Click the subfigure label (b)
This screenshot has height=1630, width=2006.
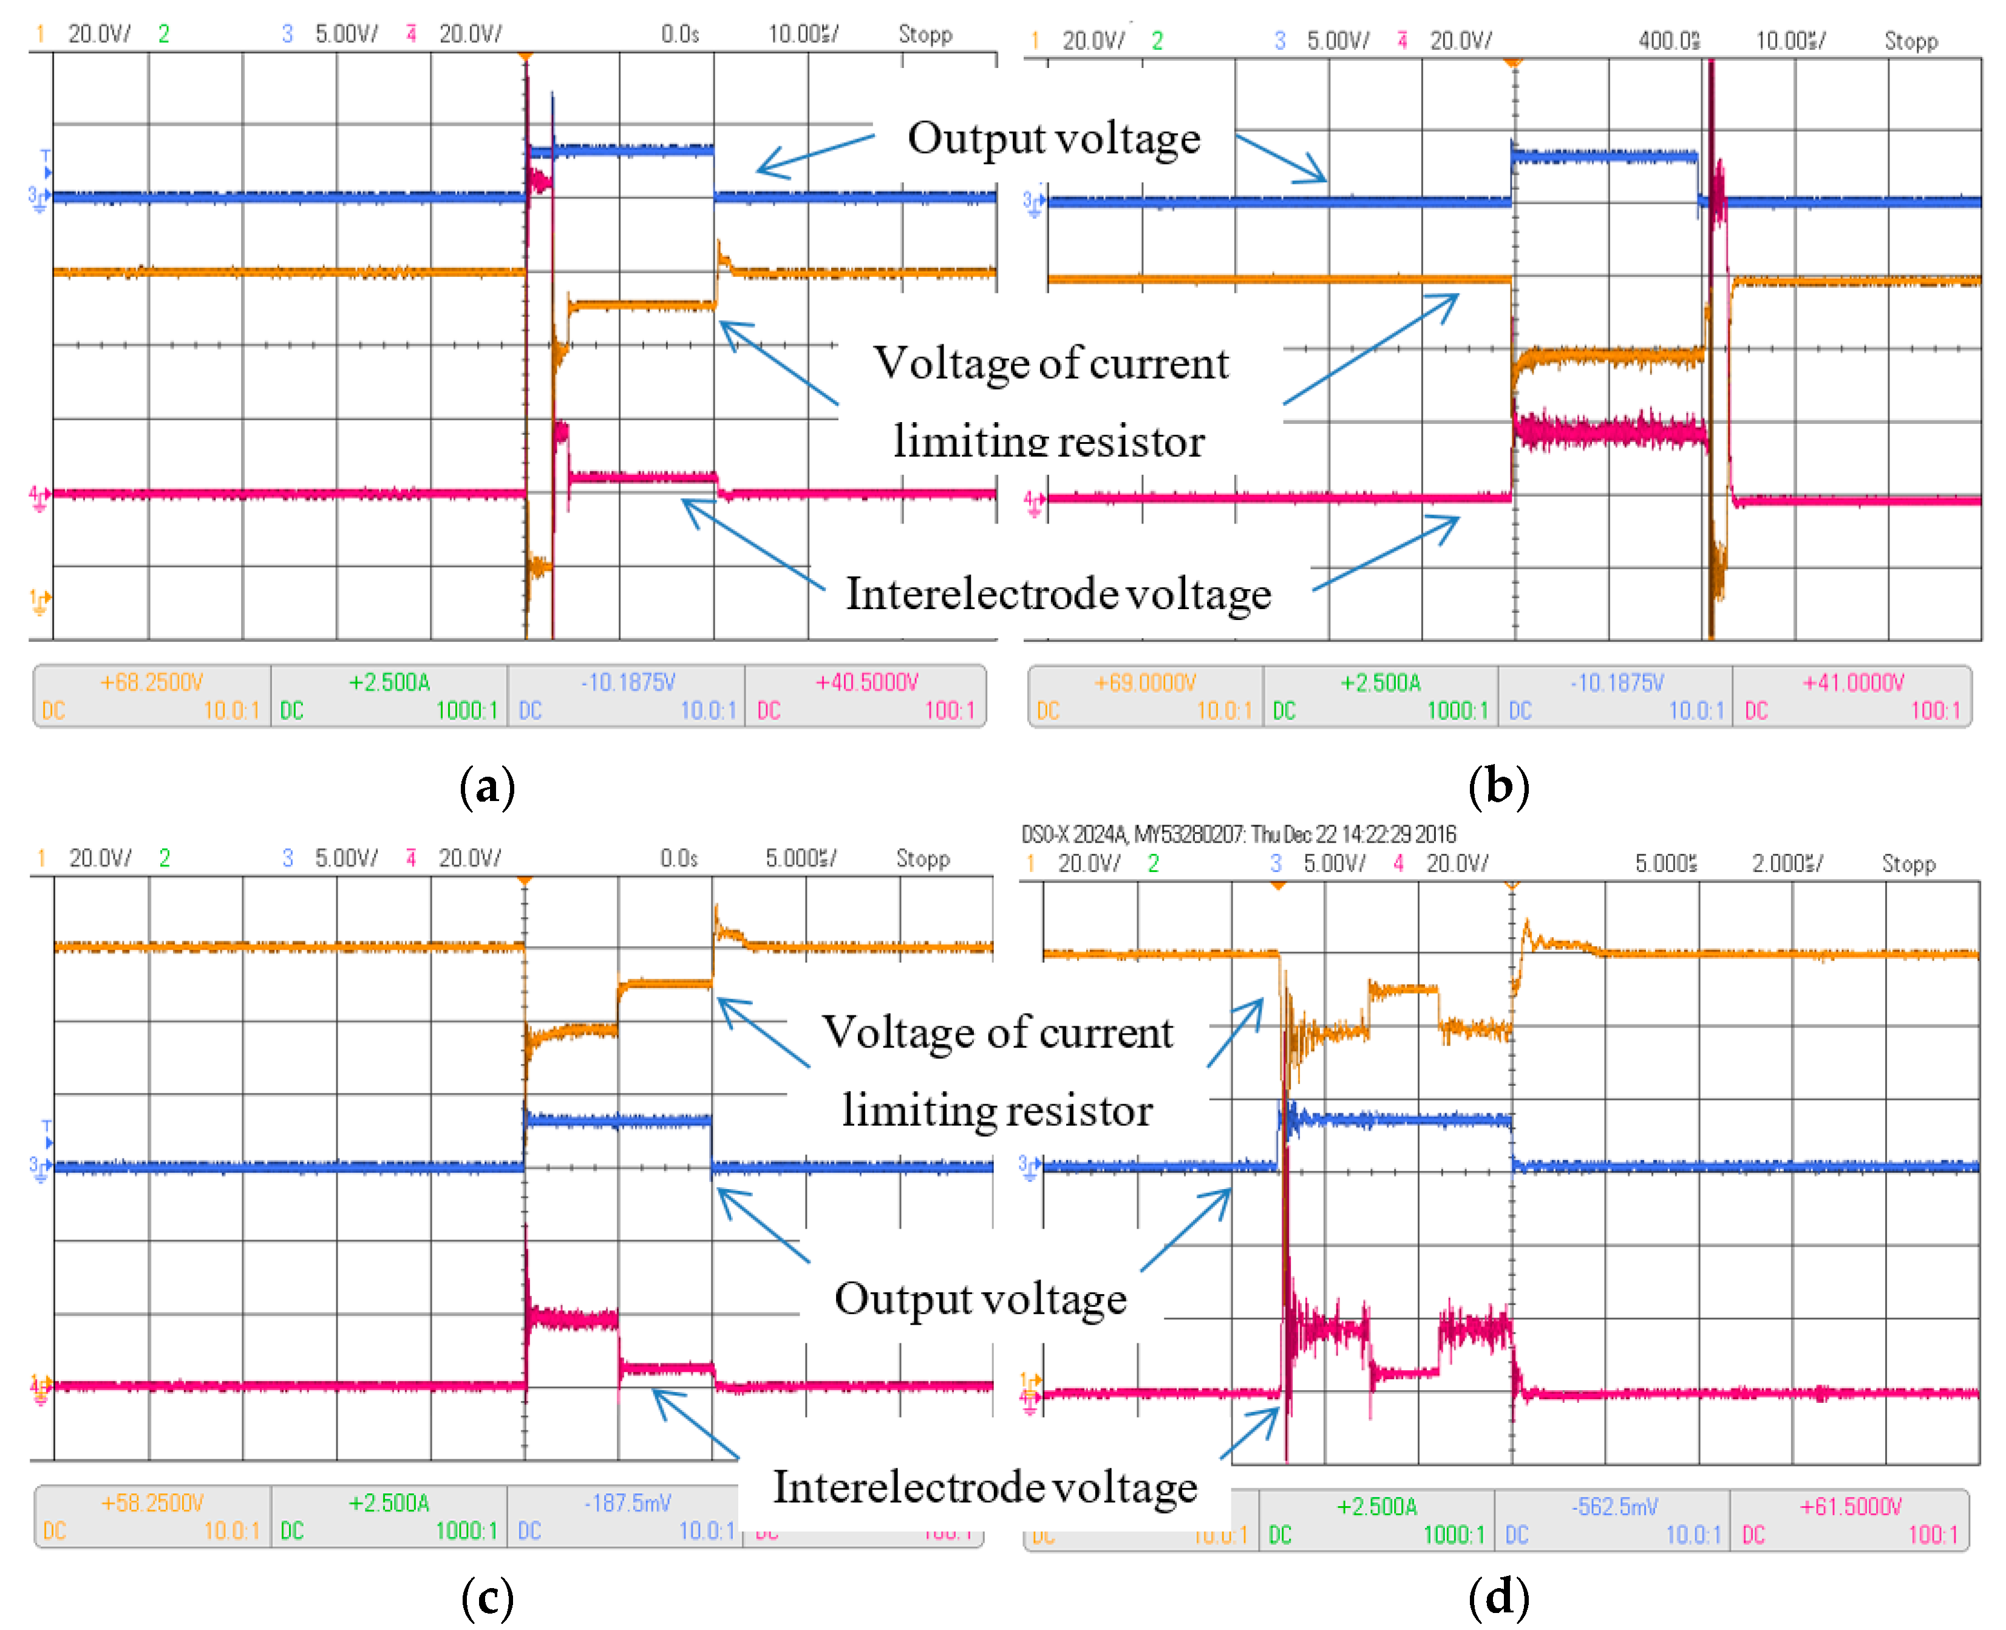point(1498,785)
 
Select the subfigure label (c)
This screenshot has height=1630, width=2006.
point(487,1595)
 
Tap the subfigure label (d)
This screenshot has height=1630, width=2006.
point(1498,1595)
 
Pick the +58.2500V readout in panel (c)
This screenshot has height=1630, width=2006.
point(152,1503)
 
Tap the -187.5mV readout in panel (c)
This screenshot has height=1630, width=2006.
point(627,1503)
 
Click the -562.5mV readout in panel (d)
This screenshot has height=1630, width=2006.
point(1614,1507)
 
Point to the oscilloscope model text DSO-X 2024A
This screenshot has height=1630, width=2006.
point(1074,834)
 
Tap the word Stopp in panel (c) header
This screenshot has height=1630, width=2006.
point(923,858)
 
